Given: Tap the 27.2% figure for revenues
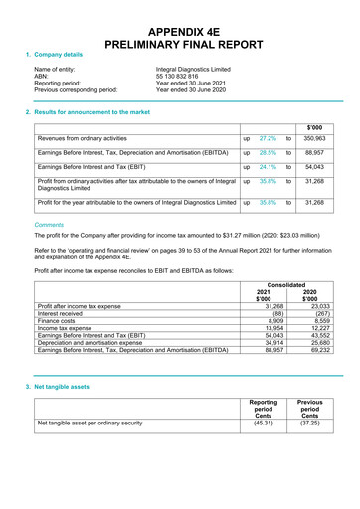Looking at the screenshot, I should point(267,140).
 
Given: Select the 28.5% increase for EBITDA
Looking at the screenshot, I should point(267,154).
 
